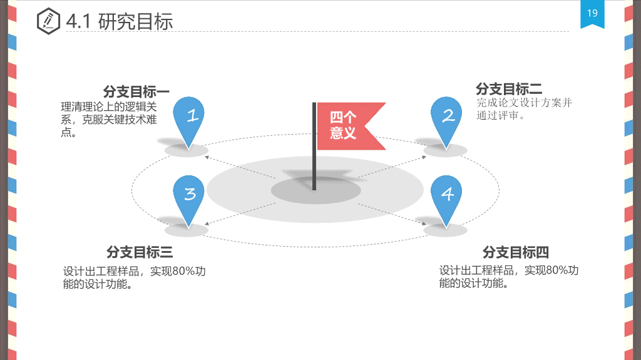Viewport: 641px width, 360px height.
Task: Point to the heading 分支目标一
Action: [x=136, y=91]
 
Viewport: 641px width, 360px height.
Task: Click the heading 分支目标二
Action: [x=509, y=88]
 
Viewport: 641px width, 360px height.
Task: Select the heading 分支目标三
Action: [x=140, y=252]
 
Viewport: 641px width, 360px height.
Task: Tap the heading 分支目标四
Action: [x=516, y=252]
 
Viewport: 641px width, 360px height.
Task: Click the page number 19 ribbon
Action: [x=592, y=14]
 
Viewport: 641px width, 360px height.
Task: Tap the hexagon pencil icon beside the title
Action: [x=48, y=21]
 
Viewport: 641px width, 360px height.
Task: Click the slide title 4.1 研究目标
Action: [x=120, y=21]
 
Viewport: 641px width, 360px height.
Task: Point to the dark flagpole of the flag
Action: [x=314, y=146]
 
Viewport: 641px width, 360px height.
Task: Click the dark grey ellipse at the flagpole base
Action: [x=316, y=190]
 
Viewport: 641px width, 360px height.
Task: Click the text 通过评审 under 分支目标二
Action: [x=498, y=115]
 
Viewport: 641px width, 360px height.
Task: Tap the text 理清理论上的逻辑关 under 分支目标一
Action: [x=109, y=107]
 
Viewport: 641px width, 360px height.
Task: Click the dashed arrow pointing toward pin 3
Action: [x=240, y=213]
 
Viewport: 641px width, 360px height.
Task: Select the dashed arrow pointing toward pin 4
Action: [x=392, y=213]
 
